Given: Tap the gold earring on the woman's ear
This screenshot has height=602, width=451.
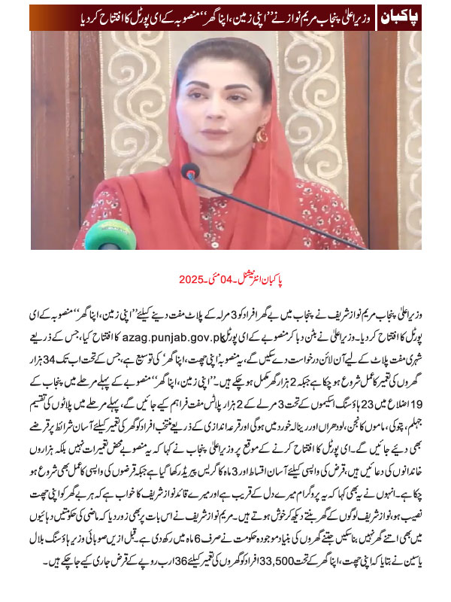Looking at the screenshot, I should pyautogui.click(x=262, y=135).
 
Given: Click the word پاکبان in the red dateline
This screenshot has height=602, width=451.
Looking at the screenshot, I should pyautogui.click(x=300, y=279).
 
